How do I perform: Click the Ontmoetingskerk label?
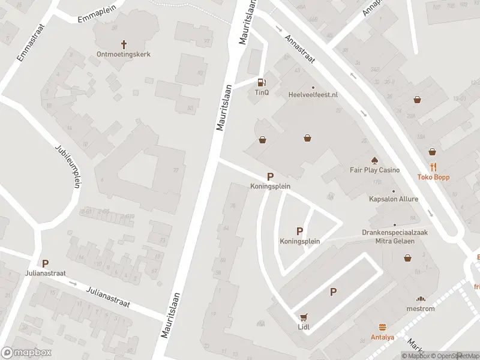tap(124, 54)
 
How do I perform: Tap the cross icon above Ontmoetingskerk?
tap(124, 44)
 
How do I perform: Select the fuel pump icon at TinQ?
tap(261, 83)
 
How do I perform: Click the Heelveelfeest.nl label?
tap(313, 95)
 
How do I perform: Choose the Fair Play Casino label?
tap(374, 170)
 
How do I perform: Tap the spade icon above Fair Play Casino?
tap(375, 160)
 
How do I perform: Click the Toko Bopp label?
tap(433, 178)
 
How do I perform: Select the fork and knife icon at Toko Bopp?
tap(433, 167)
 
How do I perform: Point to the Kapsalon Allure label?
tap(394, 199)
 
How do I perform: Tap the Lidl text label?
tap(304, 327)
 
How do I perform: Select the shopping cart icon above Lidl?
tap(304, 317)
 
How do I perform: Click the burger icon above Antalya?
tap(382, 327)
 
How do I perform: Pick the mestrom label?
tap(421, 309)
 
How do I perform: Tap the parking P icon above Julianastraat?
tap(45, 263)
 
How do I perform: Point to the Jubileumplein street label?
tap(67, 166)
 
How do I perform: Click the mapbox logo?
tap(26, 353)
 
